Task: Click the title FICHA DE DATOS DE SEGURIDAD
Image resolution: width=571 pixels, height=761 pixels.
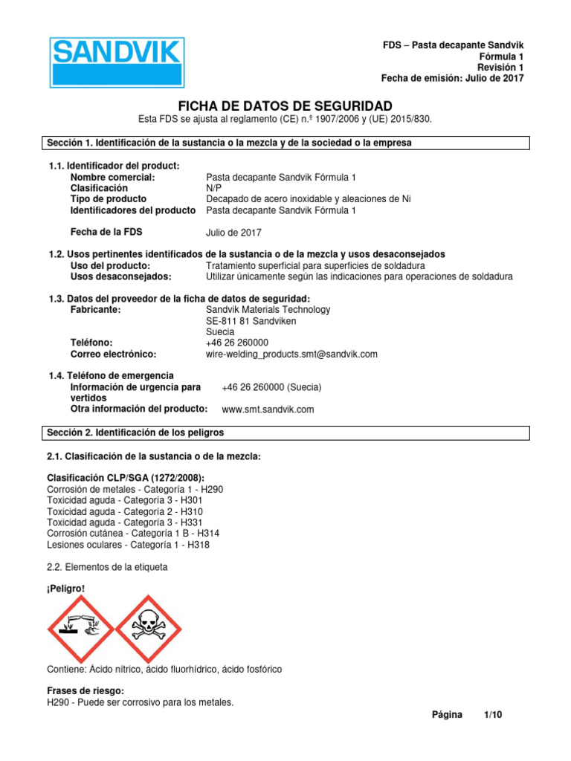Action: pos(285,106)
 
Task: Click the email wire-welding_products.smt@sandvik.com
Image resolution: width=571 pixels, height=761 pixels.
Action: pos(291,354)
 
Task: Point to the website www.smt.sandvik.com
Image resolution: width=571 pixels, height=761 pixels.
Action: pos(268,409)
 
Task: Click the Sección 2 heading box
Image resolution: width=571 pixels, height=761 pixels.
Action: pos(285,433)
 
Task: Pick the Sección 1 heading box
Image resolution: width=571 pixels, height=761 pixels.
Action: pos(285,143)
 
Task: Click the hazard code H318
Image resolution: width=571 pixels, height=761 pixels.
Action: pos(199,545)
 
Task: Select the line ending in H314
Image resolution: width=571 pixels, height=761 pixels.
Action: pos(133,534)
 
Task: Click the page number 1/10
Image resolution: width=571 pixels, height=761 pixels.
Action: pos(493,715)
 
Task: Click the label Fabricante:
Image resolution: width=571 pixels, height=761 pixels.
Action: pos(95,310)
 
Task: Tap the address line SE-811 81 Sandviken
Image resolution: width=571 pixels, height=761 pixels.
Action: pos(251,321)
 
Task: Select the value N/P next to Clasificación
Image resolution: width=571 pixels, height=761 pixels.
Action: pos(213,188)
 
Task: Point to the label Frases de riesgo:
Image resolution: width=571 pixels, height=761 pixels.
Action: pos(86,691)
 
